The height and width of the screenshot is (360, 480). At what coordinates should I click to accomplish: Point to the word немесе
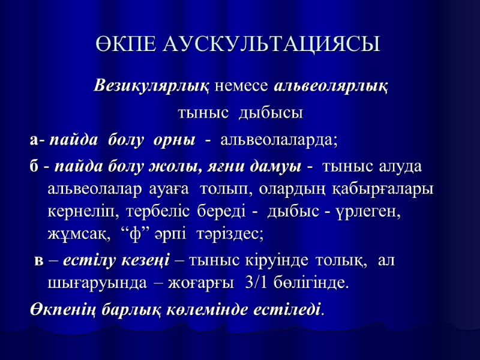point(242,85)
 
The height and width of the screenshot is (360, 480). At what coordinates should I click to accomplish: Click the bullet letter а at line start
point(34,141)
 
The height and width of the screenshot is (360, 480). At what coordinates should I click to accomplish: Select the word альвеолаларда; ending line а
point(280,141)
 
